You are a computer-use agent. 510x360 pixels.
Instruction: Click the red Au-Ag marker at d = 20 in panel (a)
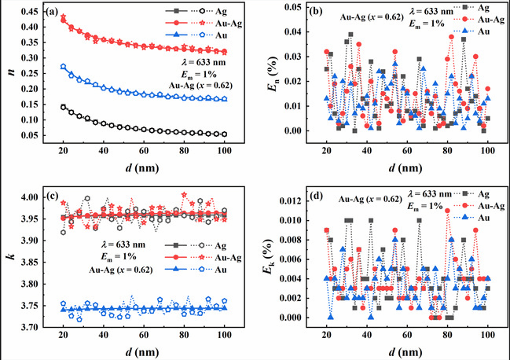click(63, 17)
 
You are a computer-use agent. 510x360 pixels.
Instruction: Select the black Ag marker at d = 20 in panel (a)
click(63, 107)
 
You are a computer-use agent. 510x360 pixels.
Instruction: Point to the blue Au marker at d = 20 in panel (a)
click(63, 67)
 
